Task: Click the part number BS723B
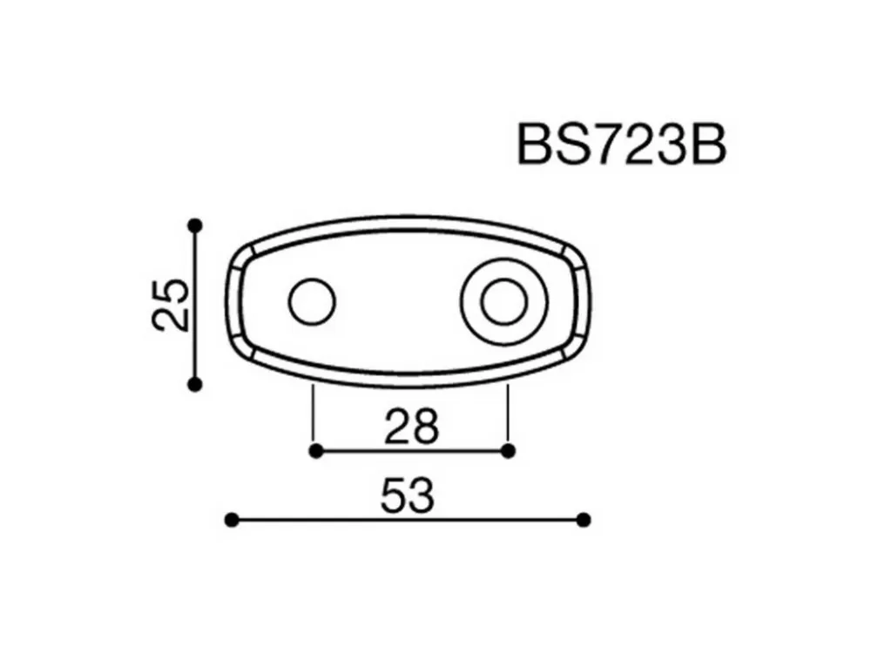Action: point(622,145)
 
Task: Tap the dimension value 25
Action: point(170,305)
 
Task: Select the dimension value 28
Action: point(411,427)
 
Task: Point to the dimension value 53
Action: point(407,496)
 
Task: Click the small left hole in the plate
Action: point(312,301)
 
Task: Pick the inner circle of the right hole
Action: point(503,302)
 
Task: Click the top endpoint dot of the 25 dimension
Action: point(195,226)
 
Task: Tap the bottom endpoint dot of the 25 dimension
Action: point(195,384)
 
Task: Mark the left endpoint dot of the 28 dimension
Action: point(315,451)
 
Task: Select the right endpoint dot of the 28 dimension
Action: point(508,451)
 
